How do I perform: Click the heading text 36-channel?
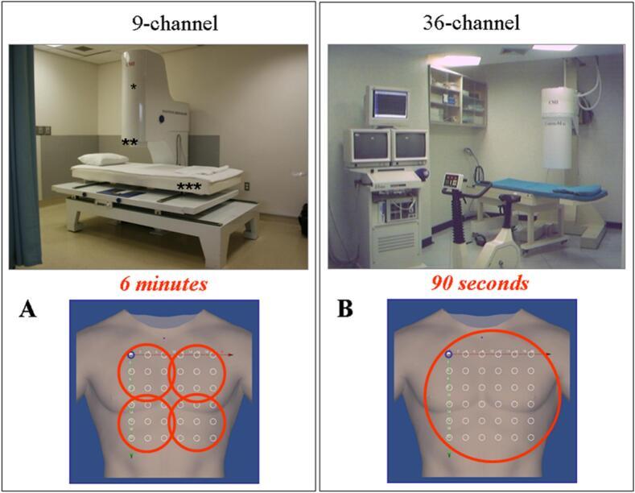pos(482,23)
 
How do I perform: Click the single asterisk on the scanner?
pos(133,86)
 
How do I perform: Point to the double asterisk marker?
pos(129,143)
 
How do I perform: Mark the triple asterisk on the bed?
pos(189,188)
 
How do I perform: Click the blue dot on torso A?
pos(130,354)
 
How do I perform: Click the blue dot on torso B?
pos(448,354)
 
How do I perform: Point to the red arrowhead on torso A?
pos(233,354)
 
